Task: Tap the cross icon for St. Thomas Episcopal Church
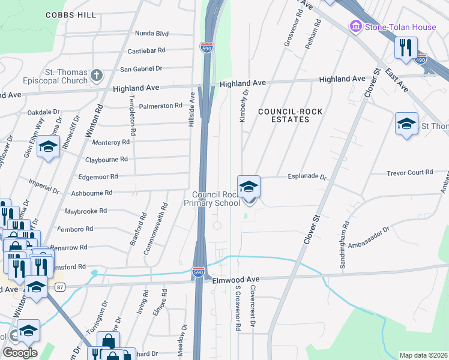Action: [97, 76]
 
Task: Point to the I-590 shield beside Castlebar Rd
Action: [206, 47]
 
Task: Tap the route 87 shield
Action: [59, 288]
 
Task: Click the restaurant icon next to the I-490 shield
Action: [406, 48]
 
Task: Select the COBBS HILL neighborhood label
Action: [70, 15]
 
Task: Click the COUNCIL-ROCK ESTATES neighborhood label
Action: [283, 115]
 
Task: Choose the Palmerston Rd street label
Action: [160, 106]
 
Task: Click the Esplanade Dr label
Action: [307, 178]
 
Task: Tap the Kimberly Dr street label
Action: [244, 106]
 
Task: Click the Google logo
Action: [19, 352]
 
